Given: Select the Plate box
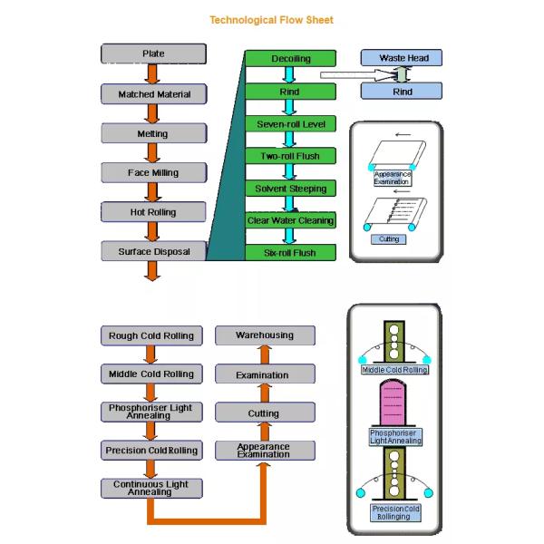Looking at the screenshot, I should click(153, 54).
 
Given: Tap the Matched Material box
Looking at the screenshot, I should click(153, 93).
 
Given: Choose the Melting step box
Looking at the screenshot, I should click(153, 133).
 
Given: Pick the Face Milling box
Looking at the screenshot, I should click(153, 172).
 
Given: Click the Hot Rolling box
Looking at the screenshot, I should click(153, 212).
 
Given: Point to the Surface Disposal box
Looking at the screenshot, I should click(153, 251).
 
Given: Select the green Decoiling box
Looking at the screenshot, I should click(291, 59).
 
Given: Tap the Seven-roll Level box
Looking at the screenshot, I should click(291, 123).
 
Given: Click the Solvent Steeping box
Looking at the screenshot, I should click(291, 188).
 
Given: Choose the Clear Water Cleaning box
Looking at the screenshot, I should click(291, 220).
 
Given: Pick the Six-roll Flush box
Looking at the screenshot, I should click(291, 253).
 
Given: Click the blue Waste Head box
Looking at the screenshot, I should click(403, 59).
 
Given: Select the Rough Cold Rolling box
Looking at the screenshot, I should click(151, 335).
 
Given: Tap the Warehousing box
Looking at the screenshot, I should click(264, 335).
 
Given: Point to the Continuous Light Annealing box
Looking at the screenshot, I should click(151, 488).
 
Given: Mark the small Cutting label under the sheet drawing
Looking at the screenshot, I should click(388, 239).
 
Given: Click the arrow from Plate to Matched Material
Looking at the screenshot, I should click(153, 73).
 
